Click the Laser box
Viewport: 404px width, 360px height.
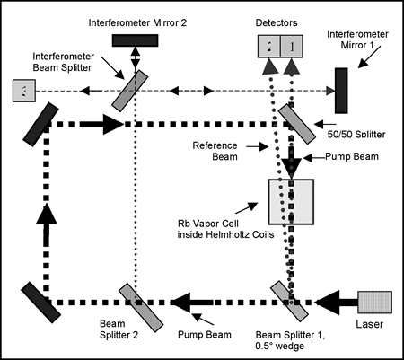[375, 303]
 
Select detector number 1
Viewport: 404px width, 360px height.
[292, 47]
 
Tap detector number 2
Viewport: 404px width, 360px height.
[269, 47]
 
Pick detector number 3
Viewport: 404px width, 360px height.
[24, 91]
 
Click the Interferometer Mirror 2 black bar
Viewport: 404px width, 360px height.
[135, 40]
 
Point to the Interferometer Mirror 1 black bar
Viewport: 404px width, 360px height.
[341, 91]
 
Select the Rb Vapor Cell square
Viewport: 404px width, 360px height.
[291, 202]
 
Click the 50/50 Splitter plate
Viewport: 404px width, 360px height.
[297, 124]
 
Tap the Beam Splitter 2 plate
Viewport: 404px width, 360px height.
[141, 307]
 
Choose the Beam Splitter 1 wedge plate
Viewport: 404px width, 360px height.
[289, 301]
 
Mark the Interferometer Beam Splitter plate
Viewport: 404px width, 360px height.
[130, 91]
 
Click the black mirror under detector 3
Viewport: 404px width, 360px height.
[41, 124]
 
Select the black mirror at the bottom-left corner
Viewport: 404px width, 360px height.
[41, 303]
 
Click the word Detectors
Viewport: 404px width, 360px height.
[277, 22]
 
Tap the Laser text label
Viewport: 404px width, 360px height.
[369, 324]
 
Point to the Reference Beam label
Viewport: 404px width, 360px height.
[215, 151]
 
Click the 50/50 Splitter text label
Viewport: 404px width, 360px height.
[356, 135]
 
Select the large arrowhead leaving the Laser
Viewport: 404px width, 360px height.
[327, 303]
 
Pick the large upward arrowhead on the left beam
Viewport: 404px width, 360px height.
[47, 214]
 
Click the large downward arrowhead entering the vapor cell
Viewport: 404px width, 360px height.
[291, 169]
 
